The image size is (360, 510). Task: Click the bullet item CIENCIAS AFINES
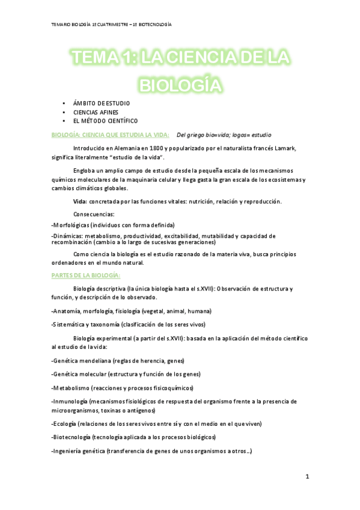96,112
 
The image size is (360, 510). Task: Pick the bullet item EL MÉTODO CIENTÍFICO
105,121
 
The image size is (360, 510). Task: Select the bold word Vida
79,201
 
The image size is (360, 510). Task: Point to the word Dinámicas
68,236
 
